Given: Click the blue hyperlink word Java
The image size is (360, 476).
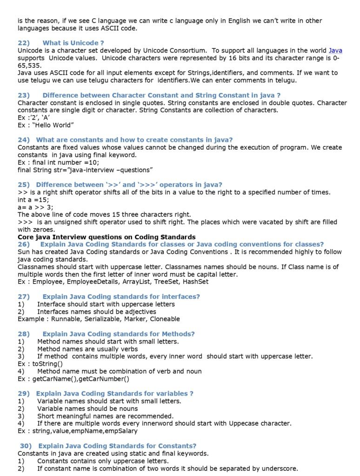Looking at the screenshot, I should pos(335,50).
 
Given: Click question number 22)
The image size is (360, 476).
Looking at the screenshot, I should pos(24,43).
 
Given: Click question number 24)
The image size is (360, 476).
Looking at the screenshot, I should pos(24,140).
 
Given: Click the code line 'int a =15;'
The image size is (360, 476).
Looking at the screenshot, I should pos(33,199).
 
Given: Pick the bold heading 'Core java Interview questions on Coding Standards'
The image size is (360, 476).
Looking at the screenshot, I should pos(107,237).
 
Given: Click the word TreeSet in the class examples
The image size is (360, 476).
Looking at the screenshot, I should pos(165,281).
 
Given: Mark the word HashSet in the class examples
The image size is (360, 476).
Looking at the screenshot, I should pos(195,281).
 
